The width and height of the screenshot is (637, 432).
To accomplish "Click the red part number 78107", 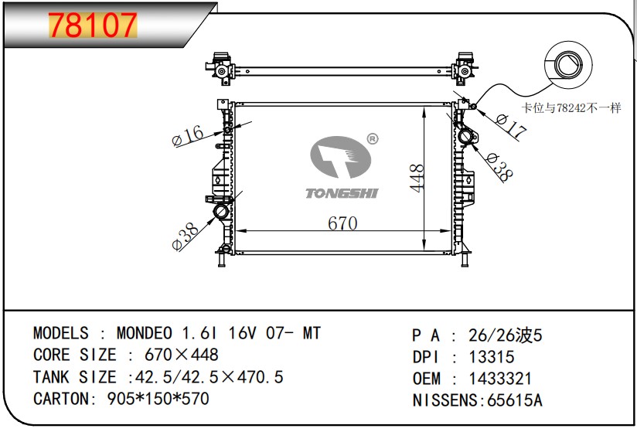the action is [93, 26].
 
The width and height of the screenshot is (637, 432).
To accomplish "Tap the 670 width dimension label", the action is [342, 223].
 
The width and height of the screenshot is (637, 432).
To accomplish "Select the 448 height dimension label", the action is [417, 178].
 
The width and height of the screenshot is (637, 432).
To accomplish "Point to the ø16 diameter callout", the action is [188, 135].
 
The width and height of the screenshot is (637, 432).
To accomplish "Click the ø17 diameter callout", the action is [511, 125].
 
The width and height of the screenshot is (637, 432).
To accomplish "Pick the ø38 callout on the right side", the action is [499, 166].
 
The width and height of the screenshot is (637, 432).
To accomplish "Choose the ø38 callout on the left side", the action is [186, 236].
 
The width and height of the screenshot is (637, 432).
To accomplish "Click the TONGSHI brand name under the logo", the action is [342, 193].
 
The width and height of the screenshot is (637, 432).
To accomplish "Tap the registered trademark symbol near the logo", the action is [372, 139].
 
